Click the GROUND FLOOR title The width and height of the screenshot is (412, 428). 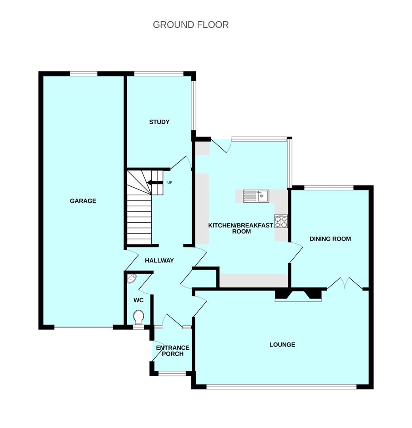coord(191,25)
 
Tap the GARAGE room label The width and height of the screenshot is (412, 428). coord(83,201)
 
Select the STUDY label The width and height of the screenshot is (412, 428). coord(159,122)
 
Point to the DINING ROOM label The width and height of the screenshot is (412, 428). coord(330,239)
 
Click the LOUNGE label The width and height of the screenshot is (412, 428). coord(282,345)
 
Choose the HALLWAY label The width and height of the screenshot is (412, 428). coord(159,261)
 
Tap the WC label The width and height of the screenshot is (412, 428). coord(138,300)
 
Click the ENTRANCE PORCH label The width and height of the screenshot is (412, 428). coord(172,351)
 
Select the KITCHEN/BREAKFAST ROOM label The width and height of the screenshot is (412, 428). coord(240,229)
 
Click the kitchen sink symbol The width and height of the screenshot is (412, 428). coord(256,196)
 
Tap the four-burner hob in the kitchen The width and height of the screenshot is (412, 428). coord(281,222)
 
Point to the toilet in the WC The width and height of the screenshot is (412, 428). coord(139,317)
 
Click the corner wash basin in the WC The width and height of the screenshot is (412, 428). coord(132,279)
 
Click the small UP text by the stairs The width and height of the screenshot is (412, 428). coord(170,183)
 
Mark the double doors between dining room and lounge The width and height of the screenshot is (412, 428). coord(345,283)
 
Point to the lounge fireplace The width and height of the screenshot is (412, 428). coord(298,295)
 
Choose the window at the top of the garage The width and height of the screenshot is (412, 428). coord(84,74)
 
